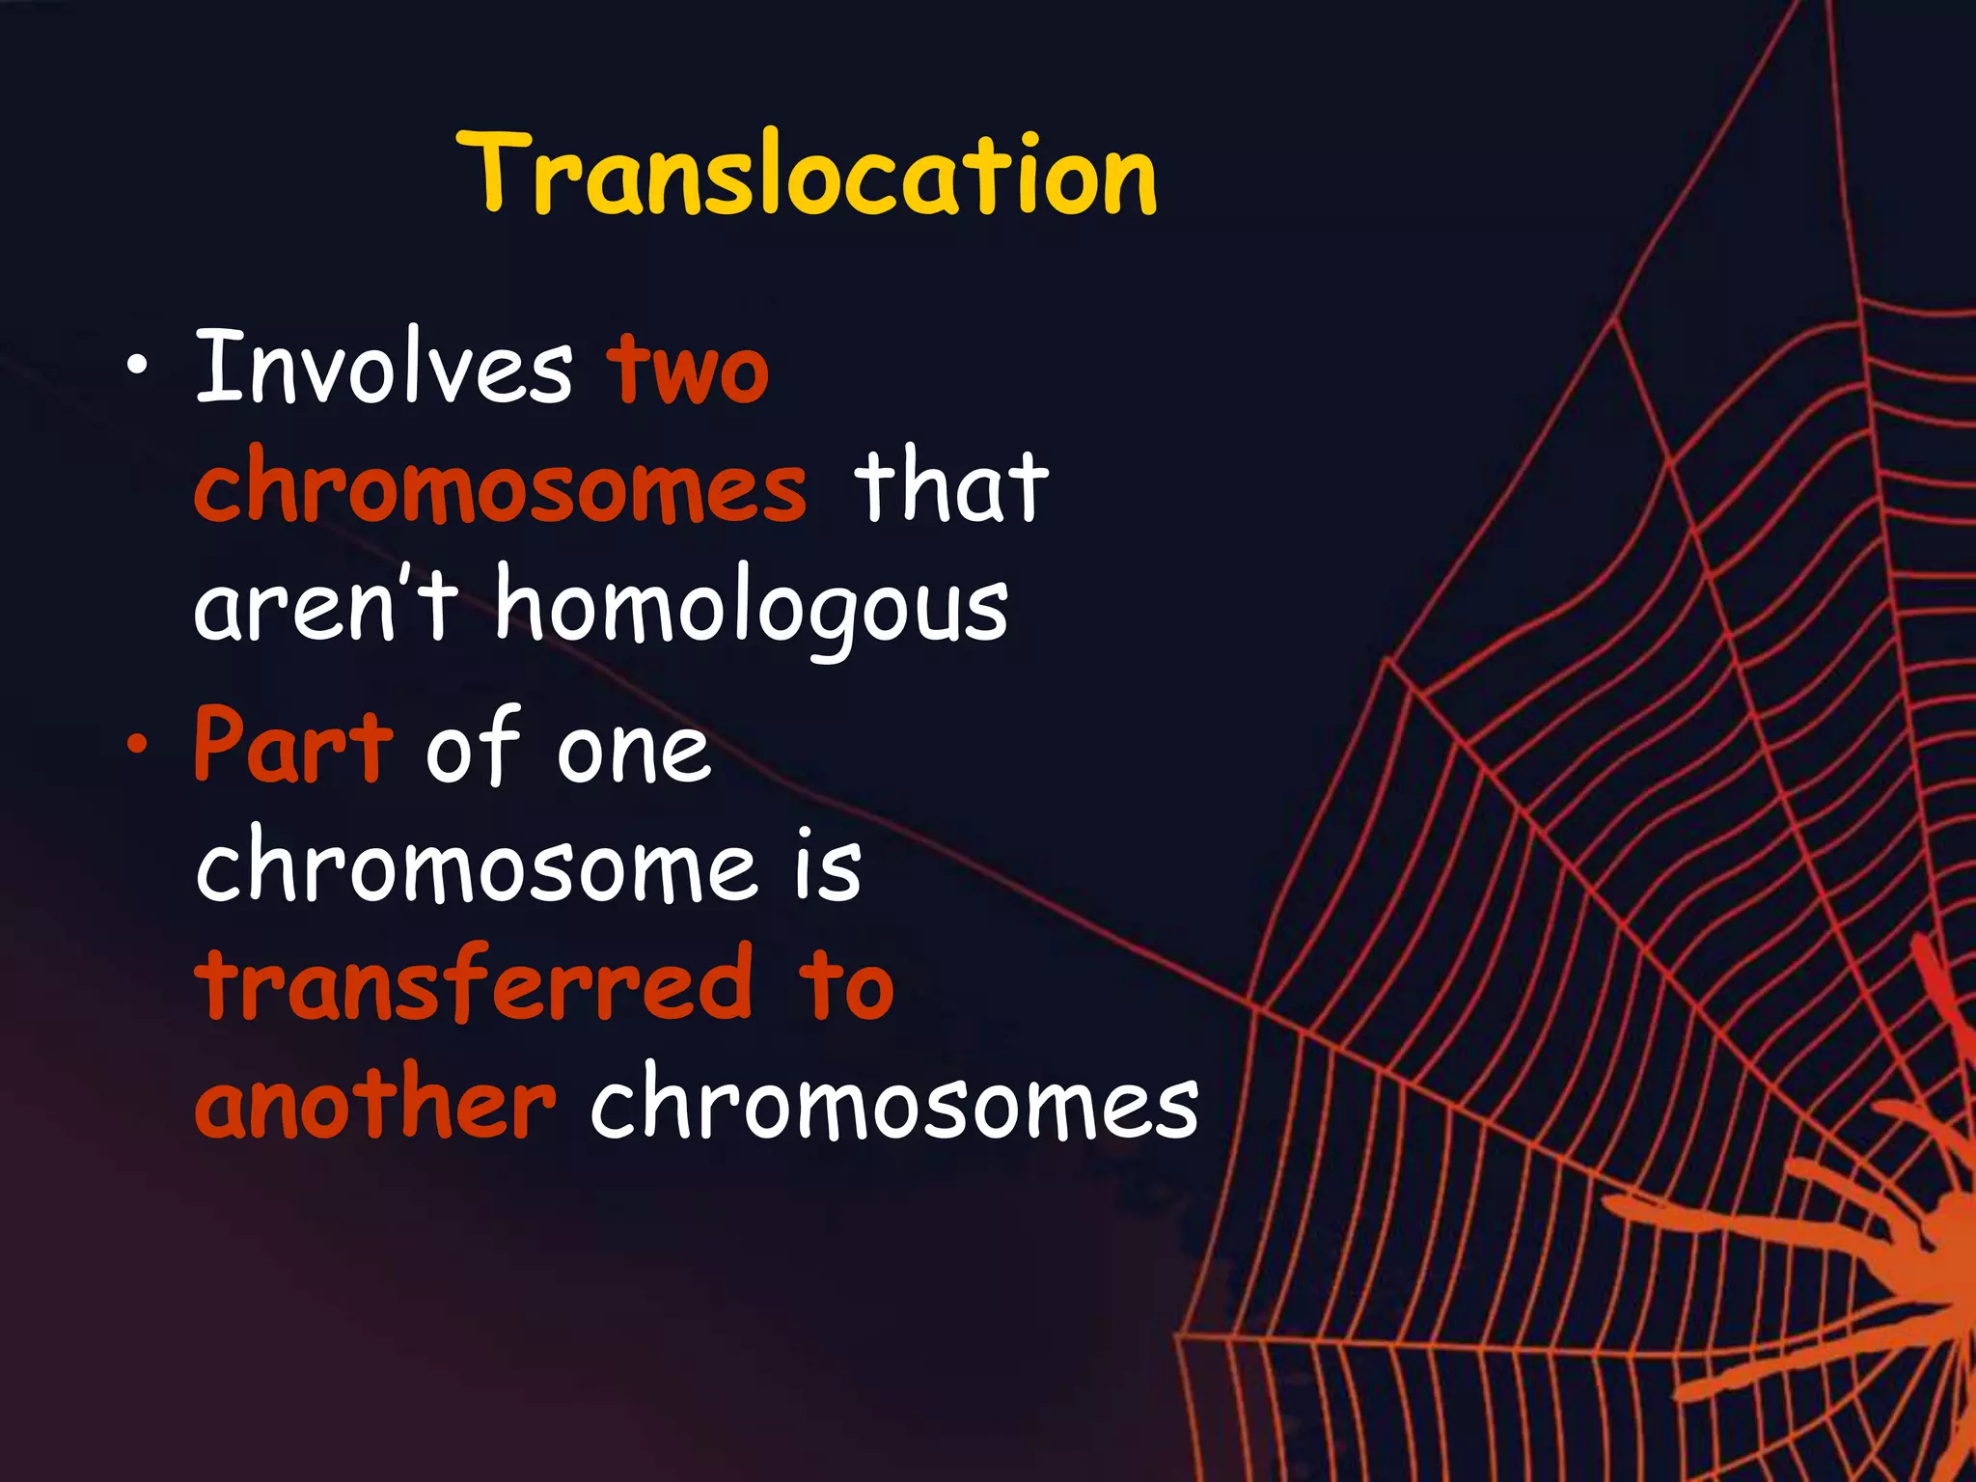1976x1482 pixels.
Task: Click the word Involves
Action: (x=384, y=369)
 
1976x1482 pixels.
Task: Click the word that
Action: (x=950, y=487)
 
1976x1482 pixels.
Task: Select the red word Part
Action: (x=293, y=747)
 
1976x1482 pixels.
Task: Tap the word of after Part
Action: (x=473, y=745)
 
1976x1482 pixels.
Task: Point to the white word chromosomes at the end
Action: (x=894, y=1104)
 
